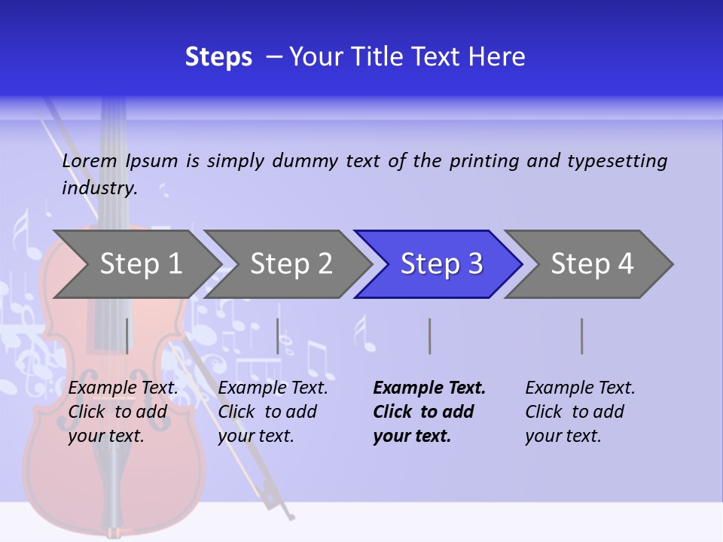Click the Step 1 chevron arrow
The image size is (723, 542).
[140, 263]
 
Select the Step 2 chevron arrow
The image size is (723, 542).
[291, 263]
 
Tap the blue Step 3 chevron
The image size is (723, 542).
[441, 263]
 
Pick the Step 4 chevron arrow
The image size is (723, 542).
[592, 263]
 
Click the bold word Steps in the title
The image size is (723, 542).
[218, 57]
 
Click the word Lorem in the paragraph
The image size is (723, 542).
[90, 160]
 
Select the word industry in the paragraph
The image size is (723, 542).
[99, 187]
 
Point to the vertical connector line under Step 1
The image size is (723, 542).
[127, 336]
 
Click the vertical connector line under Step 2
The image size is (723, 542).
[278, 336]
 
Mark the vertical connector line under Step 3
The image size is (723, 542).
[429, 336]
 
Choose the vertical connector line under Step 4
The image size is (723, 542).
[581, 336]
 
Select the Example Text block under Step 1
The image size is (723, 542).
[123, 412]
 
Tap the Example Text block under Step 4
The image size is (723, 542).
[580, 412]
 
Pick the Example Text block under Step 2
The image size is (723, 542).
[273, 412]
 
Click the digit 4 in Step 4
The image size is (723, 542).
[625, 263]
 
